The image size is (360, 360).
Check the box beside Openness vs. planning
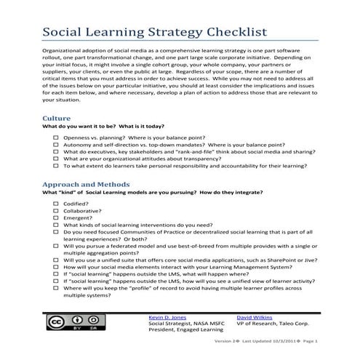click(x=57, y=137)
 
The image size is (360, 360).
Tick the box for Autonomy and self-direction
click(x=57, y=145)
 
